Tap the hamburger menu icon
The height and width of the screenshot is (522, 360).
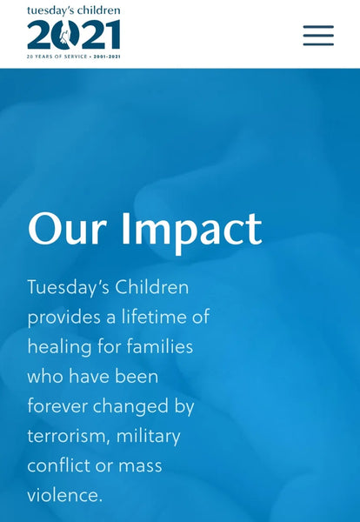pos(318,35)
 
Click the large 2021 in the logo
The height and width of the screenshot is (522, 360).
pos(74,34)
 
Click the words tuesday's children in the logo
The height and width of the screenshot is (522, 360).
pos(74,10)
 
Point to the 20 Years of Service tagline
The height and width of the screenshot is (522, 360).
pos(74,57)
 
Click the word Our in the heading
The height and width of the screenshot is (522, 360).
pos(67,229)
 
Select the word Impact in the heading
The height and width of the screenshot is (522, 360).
pos(191,232)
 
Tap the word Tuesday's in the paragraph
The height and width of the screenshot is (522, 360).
pos(68,287)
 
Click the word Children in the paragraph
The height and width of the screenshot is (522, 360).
pos(151,286)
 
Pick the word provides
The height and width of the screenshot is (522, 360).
pos(63,318)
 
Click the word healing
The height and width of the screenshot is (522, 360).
pos(59,347)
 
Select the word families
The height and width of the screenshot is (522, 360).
pos(160,346)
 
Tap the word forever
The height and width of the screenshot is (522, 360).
pos(57,406)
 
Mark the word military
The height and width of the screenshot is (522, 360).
pos(149,437)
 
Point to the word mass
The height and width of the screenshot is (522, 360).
pos(140,466)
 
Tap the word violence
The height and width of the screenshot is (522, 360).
pos(64,495)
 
